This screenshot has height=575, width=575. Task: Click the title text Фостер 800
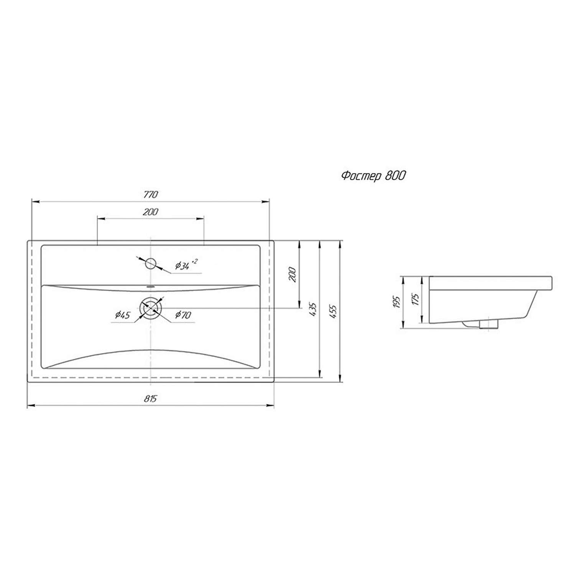(373, 176)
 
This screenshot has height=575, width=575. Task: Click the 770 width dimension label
(151, 195)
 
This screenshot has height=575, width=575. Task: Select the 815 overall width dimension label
(151, 399)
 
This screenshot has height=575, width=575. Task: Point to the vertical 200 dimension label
(293, 274)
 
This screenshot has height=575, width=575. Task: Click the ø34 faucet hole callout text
(186, 265)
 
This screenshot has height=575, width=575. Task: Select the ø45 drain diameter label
(123, 315)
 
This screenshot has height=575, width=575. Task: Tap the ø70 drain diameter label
(183, 315)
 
